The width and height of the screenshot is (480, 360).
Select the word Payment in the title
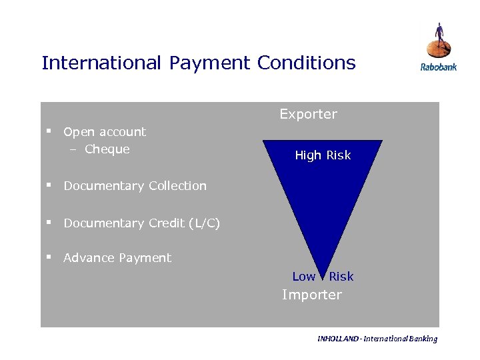pos(209,63)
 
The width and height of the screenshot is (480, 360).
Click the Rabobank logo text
pos(438,67)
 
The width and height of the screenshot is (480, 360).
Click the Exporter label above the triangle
pos(308,114)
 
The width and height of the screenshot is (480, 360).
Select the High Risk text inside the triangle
pos(323,155)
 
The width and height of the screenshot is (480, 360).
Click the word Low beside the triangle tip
pos(303,277)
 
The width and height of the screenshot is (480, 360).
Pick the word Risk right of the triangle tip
pos(341,277)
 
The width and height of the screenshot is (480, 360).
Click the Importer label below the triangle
pos(311,295)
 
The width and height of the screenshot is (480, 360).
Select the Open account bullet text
pos(105,132)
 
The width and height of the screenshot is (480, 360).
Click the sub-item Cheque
pos(107,149)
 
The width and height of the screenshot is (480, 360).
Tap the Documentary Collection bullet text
pos(135,186)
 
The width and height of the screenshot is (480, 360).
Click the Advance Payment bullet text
pos(117,258)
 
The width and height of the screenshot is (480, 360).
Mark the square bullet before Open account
pos(49,131)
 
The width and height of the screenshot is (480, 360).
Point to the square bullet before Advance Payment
pos(49,257)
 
